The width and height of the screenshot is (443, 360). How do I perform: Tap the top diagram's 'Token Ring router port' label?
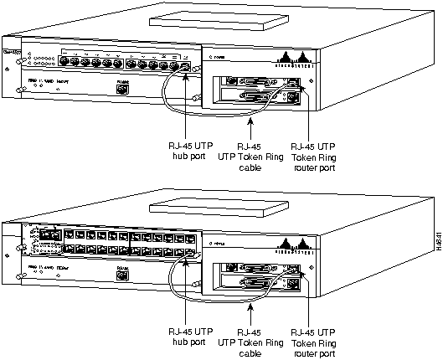tap(315, 155)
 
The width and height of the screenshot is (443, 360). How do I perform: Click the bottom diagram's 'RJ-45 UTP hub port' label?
tap(183, 334)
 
